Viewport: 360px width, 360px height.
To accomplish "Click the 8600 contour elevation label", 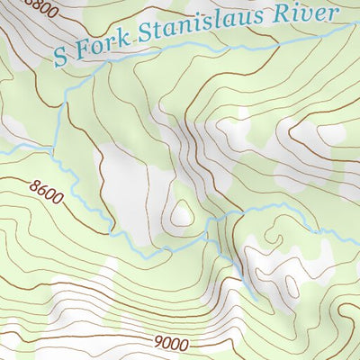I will (47, 192).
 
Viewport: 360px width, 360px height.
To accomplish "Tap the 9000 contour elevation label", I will (171, 343).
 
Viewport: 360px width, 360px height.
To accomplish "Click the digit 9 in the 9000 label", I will (158, 343).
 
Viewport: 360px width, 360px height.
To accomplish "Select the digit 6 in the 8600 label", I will (42, 191).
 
